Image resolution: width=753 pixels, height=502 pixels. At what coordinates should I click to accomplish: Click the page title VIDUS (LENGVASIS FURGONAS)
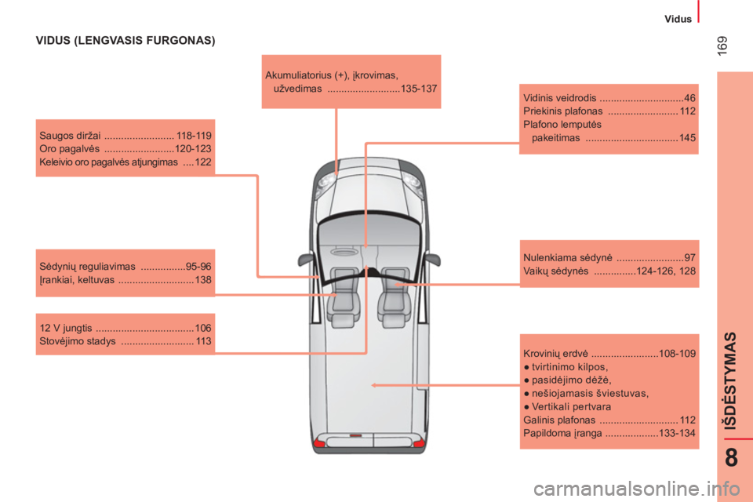125,40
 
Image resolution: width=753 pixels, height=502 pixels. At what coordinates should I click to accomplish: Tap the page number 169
722,45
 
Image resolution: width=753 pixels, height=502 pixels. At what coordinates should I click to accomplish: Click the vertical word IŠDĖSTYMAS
730,380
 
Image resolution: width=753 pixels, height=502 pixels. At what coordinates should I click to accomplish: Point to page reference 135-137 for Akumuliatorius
419,89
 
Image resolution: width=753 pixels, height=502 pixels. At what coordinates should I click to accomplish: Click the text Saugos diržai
70,136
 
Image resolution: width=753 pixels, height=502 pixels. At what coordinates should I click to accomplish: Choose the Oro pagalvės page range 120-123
193,148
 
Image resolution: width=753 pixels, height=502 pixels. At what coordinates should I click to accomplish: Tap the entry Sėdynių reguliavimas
87,267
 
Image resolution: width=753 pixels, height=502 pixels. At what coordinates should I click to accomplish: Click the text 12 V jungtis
66,328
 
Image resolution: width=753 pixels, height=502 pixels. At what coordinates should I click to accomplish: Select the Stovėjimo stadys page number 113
204,341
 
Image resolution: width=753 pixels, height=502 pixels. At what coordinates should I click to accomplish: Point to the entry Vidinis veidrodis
559,98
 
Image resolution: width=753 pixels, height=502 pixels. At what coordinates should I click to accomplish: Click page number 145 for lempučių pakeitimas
687,138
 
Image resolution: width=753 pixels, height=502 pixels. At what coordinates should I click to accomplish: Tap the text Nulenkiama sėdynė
568,257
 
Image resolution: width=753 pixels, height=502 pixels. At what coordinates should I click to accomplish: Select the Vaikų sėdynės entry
555,271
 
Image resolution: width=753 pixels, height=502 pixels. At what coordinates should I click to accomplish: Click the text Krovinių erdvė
555,354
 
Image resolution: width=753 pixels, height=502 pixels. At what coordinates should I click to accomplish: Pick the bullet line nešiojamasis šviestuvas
587,394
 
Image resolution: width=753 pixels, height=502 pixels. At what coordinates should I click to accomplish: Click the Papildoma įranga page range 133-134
677,433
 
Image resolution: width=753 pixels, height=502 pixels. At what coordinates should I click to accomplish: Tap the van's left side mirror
305,260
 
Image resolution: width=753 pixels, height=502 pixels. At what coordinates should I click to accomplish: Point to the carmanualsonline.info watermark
637,489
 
